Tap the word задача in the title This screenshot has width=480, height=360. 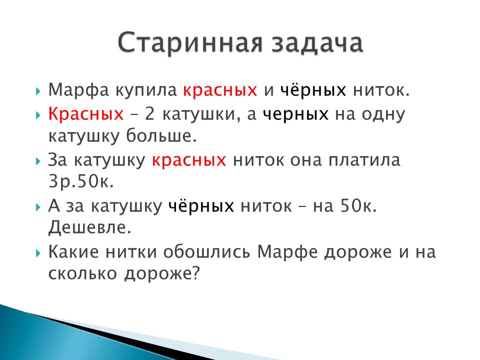[317, 43]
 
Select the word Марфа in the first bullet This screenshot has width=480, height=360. [78, 90]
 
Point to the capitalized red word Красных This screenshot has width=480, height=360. [86, 114]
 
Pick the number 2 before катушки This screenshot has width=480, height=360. [149, 114]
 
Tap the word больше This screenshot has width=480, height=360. [161, 135]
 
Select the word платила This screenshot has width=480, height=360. [364, 160]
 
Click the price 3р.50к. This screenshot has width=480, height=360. [81, 182]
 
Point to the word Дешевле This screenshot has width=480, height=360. [89, 227]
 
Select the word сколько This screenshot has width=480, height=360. [82, 273]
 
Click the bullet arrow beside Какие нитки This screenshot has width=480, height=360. [38, 253]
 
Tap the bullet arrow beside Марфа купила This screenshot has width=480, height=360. [38, 91]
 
